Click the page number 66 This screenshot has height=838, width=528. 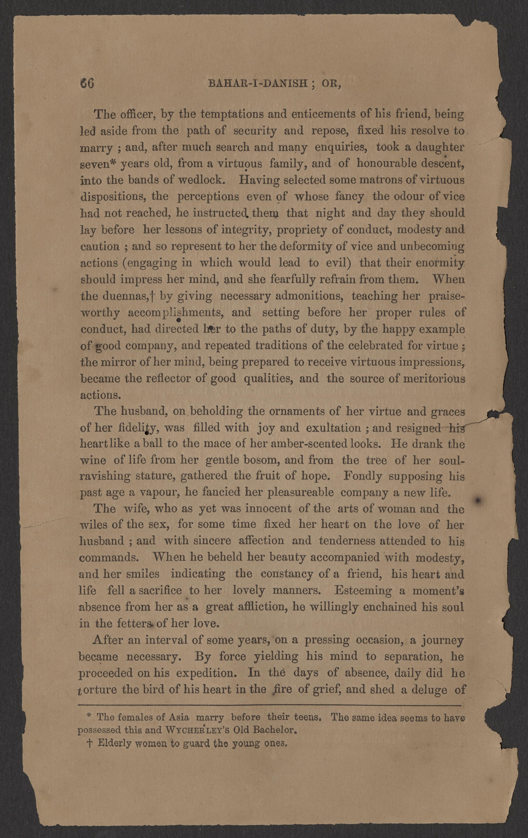coord(87,84)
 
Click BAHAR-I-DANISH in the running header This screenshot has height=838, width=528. coord(257,84)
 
